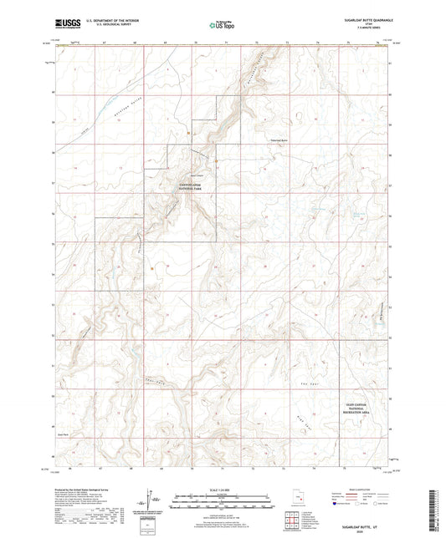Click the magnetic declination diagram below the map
pos(153,503)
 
